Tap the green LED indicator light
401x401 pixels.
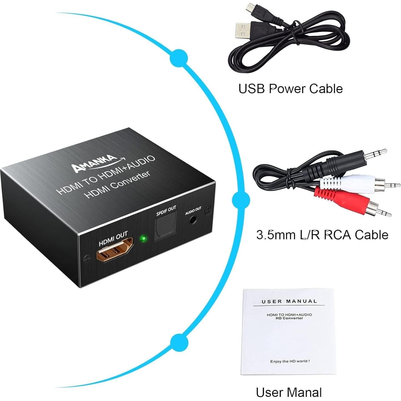coord(143,238)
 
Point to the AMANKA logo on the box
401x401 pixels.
coord(94,163)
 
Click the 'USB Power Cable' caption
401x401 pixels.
coord(290,89)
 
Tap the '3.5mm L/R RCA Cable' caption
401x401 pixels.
coord(322,235)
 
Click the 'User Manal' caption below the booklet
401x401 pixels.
coord(289,392)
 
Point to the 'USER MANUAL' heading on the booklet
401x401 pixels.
coord(289,301)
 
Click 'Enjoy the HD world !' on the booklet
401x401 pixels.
coord(290,361)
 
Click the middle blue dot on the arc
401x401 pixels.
coord(241,200)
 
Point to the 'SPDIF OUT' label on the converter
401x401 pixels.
coord(166,211)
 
